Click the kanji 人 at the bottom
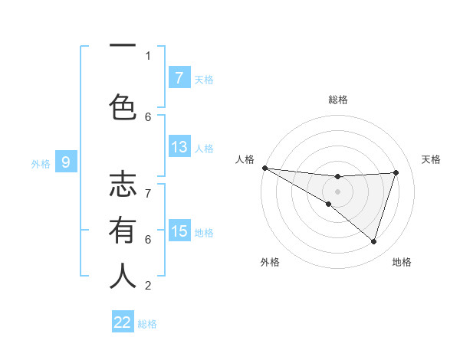pyautogui.click(x=123, y=276)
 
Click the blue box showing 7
pyautogui.click(x=179, y=77)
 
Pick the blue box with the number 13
pyautogui.click(x=179, y=147)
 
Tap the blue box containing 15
pyautogui.click(x=179, y=231)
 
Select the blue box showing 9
pyautogui.click(x=66, y=162)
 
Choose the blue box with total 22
pyautogui.click(x=123, y=322)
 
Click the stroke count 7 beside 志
pyautogui.click(x=148, y=185)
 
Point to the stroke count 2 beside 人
pyautogui.click(x=148, y=286)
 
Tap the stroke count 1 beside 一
pyautogui.click(x=148, y=55)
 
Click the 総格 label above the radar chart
pyautogui.click(x=337, y=100)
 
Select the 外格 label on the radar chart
pyautogui.click(x=270, y=263)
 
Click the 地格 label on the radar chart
pyautogui.click(x=402, y=263)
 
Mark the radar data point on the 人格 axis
pyautogui.click(x=264, y=167)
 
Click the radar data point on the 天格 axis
pyautogui.click(x=396, y=172)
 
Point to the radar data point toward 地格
pyautogui.click(x=373, y=242)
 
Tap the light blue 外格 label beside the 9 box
pyautogui.click(x=41, y=163)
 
